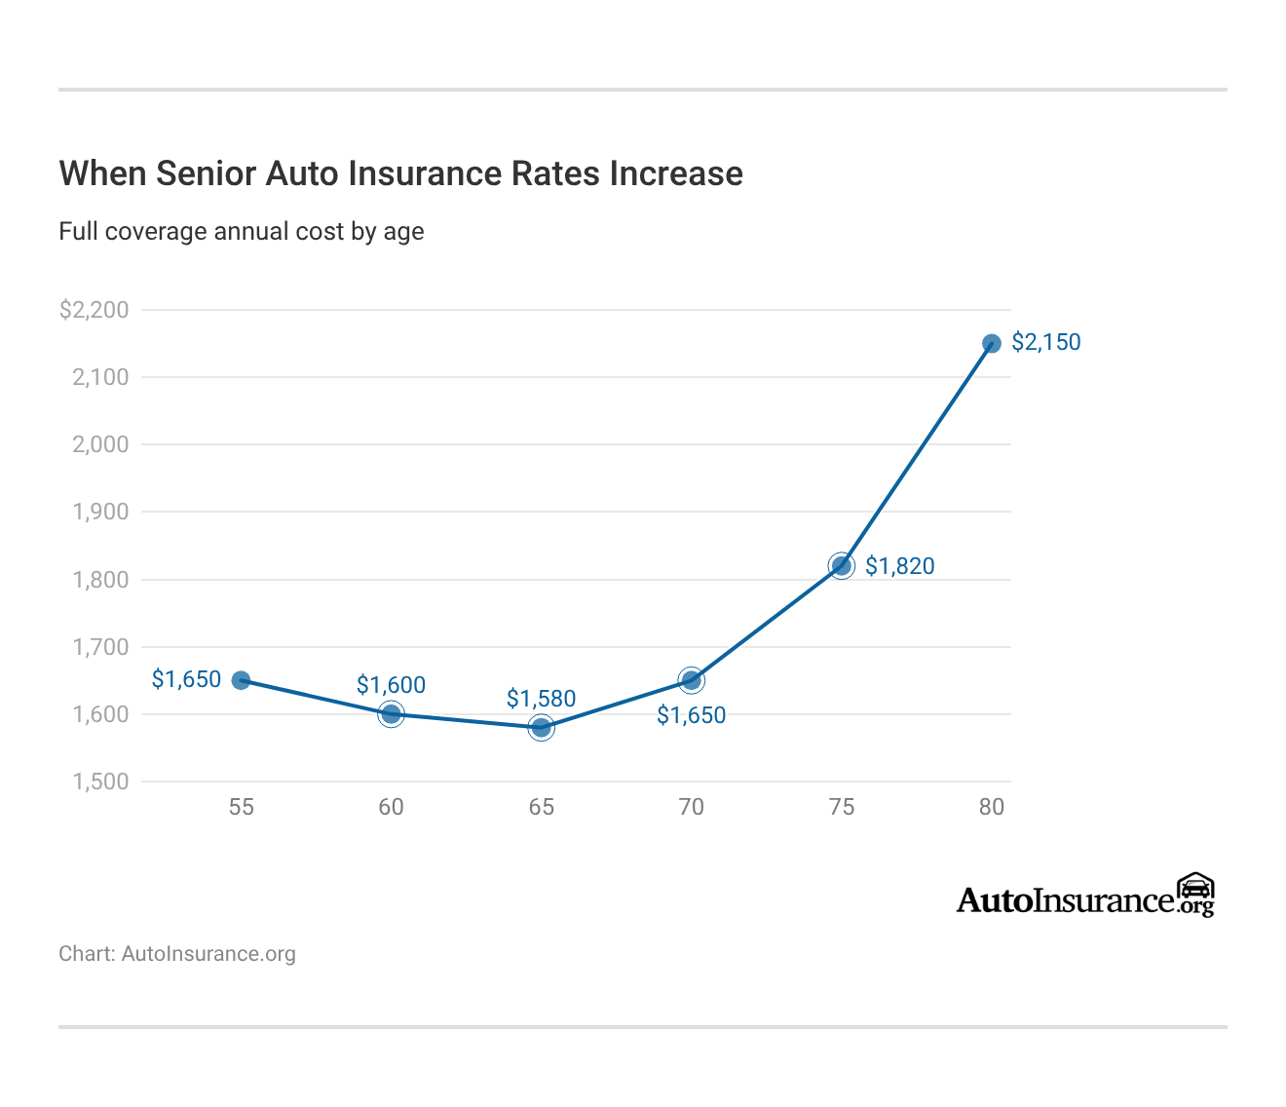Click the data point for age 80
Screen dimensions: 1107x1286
(x=992, y=343)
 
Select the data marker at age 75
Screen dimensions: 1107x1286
(x=842, y=566)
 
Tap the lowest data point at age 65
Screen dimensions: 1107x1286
(x=542, y=727)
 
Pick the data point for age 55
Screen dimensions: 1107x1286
(x=242, y=680)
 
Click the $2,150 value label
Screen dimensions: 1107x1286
(x=1046, y=342)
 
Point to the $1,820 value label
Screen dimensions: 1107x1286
(x=899, y=566)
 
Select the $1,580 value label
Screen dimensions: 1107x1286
(x=541, y=699)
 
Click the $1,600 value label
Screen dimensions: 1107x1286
(x=391, y=685)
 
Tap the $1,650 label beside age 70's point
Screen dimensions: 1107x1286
(x=691, y=715)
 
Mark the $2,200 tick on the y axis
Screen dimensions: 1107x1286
(x=94, y=310)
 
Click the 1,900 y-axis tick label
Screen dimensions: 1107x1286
(x=100, y=512)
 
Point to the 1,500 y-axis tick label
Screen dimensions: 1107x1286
(x=100, y=782)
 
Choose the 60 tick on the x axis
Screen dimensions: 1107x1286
(x=391, y=807)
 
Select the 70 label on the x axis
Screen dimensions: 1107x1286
(x=691, y=807)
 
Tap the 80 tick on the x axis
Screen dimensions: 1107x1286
(x=992, y=807)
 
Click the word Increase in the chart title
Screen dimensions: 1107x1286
(x=676, y=173)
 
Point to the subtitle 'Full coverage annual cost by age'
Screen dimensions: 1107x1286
(x=242, y=232)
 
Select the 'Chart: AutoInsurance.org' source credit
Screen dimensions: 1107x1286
(x=177, y=954)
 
